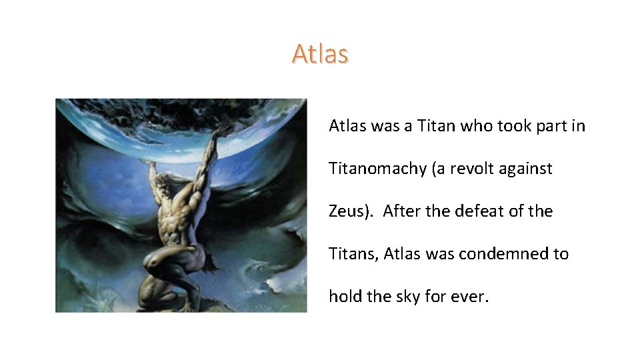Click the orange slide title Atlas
tap(320, 54)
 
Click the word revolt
tap(476, 169)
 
